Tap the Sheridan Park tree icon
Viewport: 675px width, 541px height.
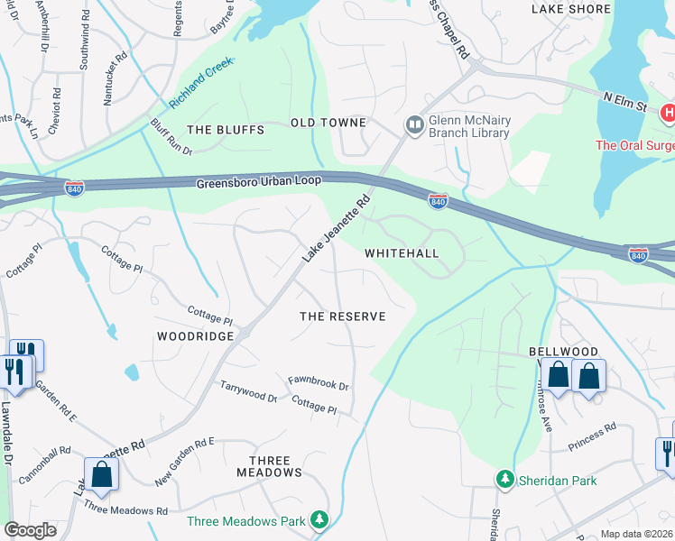[504, 480]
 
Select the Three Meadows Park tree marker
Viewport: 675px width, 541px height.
[318, 520]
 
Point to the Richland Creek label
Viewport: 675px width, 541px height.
[196, 78]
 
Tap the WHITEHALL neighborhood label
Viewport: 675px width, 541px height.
[402, 253]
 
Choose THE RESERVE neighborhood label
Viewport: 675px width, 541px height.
[342, 316]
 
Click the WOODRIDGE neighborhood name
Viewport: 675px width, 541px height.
[196, 335]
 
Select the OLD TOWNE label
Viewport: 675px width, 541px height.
[328, 123]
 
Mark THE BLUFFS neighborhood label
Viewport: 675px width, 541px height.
[225, 130]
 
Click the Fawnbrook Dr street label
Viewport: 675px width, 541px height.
[318, 384]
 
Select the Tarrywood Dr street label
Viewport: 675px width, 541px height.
[248, 391]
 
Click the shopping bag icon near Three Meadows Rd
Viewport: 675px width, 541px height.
[100, 472]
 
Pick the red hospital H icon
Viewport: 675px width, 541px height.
[668, 113]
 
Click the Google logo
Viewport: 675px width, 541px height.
[31, 530]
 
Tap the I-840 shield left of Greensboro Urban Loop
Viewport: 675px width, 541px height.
[75, 188]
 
